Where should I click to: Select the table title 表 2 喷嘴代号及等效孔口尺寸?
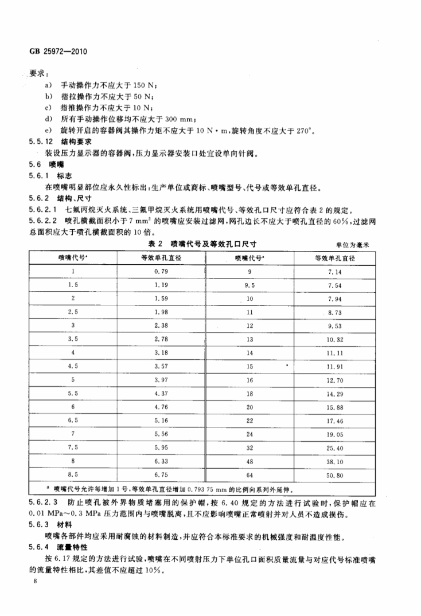click(198, 244)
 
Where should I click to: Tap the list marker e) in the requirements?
click(49, 130)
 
